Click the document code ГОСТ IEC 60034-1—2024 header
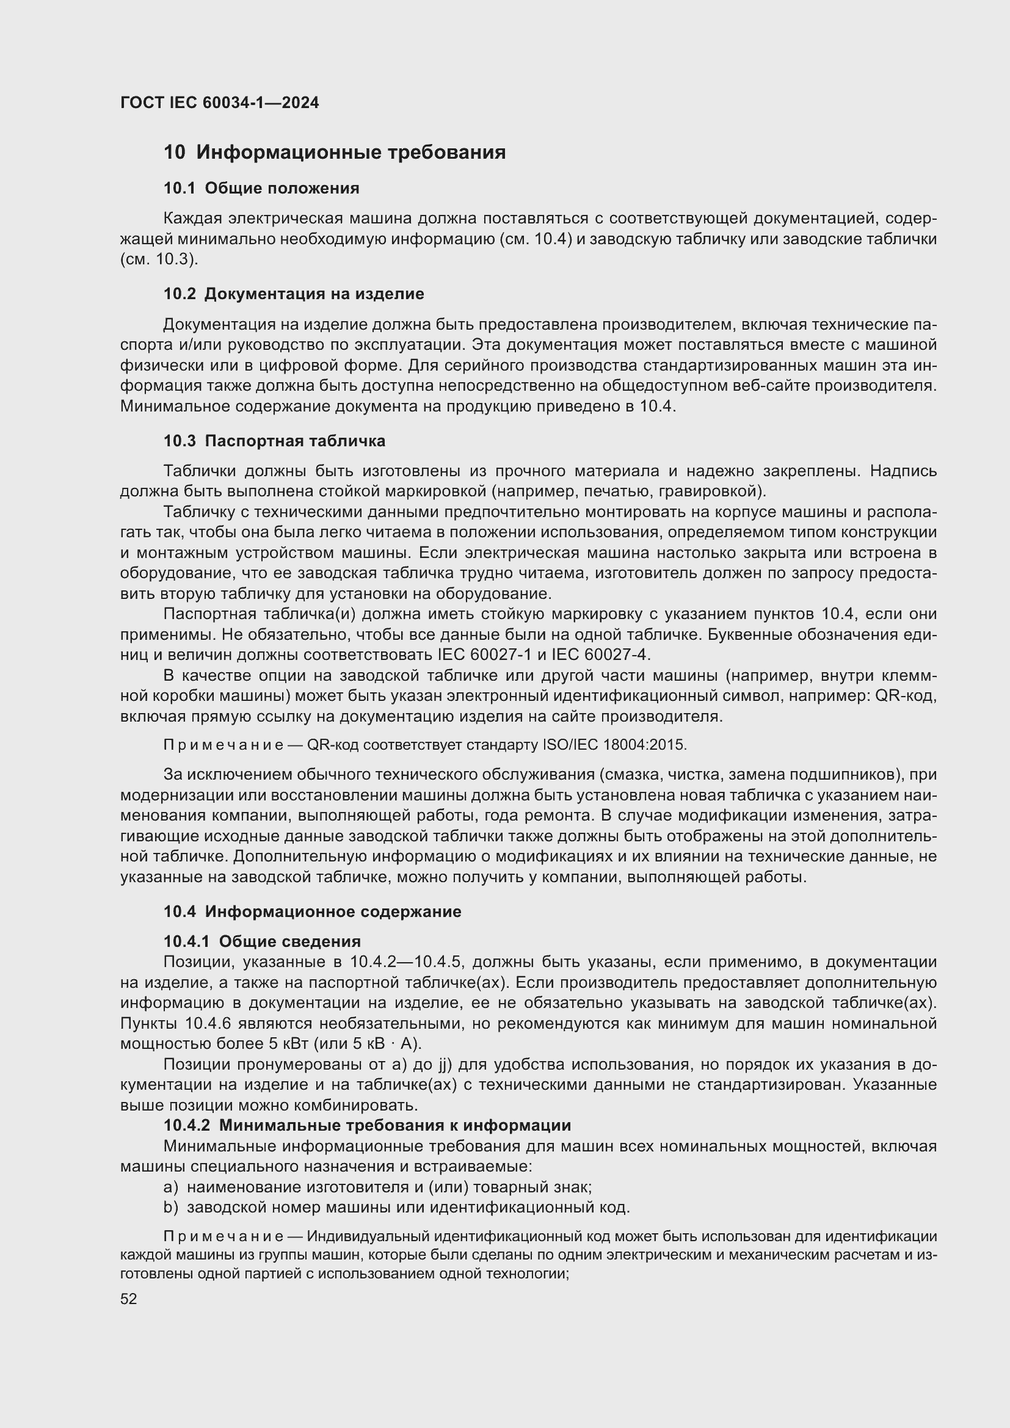(220, 103)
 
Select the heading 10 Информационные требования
(335, 153)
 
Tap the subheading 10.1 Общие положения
(261, 188)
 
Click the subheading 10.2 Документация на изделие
(294, 294)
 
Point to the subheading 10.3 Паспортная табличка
(274, 441)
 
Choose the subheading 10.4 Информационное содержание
(312, 912)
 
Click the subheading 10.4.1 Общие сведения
(262, 941)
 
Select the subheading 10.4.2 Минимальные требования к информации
(367, 1125)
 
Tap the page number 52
(129, 1299)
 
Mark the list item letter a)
(170, 1187)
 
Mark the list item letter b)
(170, 1207)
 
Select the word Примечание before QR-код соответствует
(223, 744)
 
